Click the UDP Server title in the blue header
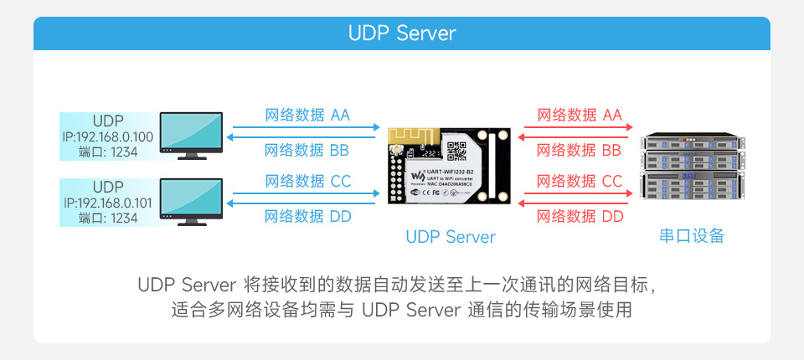[402, 33]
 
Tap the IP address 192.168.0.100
[108, 136]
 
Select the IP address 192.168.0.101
[108, 202]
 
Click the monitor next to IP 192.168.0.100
[191, 134]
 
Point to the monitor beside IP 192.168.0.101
[191, 201]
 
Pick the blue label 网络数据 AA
[307, 115]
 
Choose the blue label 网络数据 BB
[307, 151]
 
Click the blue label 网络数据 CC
[307, 180]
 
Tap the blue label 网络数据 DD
[307, 217]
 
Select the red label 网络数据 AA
[579, 115]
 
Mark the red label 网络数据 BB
[579, 151]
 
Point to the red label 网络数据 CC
[579, 180]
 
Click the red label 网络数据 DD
[579, 217]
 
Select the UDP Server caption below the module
[450, 237]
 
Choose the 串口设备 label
[690, 236]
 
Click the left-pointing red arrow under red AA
[575, 128]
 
